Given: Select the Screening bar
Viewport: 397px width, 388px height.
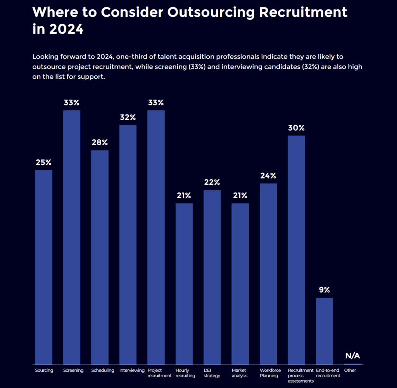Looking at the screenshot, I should pyautogui.click(x=72, y=237).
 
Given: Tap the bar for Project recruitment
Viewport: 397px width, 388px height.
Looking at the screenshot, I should pyautogui.click(x=156, y=237).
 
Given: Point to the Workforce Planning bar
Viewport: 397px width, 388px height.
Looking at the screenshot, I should pyautogui.click(x=268, y=274).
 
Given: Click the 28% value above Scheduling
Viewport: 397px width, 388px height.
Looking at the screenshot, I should pyautogui.click(x=100, y=142).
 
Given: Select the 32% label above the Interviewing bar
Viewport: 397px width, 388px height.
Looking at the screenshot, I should pyautogui.click(x=128, y=117).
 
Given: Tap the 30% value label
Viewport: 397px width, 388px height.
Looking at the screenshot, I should pyautogui.click(x=296, y=128).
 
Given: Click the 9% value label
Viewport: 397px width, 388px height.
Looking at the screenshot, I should pyautogui.click(x=325, y=290).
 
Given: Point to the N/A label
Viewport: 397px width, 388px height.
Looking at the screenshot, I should pyautogui.click(x=352, y=356).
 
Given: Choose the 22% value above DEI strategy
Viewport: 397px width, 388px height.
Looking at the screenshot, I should pyautogui.click(x=212, y=182).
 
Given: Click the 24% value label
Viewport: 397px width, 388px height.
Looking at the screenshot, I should pyautogui.click(x=268, y=175).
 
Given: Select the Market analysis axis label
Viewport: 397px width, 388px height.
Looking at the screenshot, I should pyautogui.click(x=240, y=373).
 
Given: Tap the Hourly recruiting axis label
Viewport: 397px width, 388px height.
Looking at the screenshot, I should pyautogui.click(x=185, y=373).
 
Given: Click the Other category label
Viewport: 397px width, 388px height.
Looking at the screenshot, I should pyautogui.click(x=350, y=370).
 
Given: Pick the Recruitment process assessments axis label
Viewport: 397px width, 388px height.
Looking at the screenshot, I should pyautogui.click(x=300, y=376).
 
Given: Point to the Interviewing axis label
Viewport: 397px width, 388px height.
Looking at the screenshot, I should pyautogui.click(x=132, y=370).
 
